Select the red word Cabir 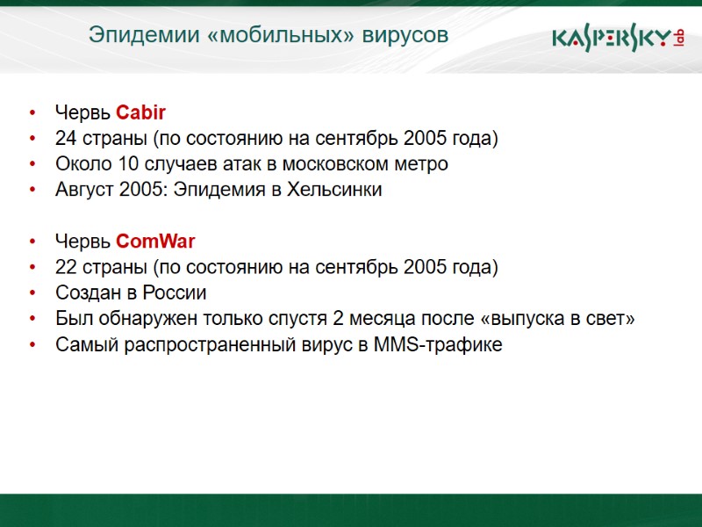click(140, 112)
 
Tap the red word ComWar click(155, 241)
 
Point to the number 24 click(66, 139)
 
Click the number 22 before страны click(66, 267)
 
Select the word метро click(420, 164)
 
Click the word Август click(84, 190)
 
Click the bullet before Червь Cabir click(32, 113)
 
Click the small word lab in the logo click(678, 38)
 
